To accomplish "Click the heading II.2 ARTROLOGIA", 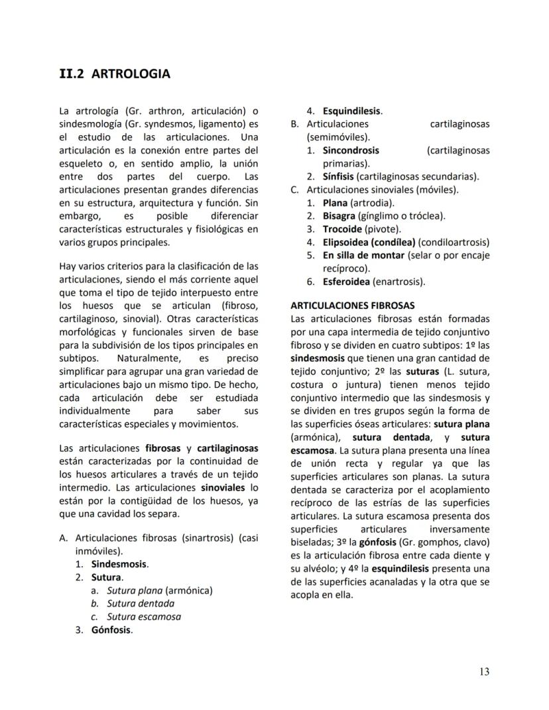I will coord(115,74).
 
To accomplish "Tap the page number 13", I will coord(484,672).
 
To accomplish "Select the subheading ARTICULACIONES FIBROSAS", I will coord(353,306).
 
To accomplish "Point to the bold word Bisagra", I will coord(339,215).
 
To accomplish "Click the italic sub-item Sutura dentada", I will coord(141,603).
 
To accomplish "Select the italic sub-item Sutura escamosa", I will coord(144,617).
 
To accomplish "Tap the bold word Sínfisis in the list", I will coord(338,176).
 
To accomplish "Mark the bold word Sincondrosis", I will coord(351,150).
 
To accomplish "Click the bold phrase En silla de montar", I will coord(363,255).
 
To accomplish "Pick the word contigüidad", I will coord(145,501).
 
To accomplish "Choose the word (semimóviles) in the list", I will coord(330,137).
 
